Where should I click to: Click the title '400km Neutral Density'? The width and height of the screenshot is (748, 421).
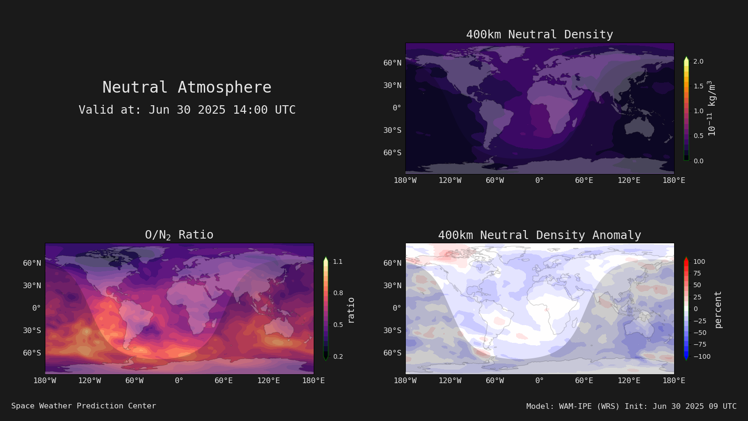(x=539, y=35)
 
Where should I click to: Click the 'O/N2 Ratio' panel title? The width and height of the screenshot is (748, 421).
(x=180, y=235)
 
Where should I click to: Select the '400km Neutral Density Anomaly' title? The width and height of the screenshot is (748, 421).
(x=539, y=235)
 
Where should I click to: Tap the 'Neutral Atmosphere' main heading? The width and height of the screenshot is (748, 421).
(x=187, y=87)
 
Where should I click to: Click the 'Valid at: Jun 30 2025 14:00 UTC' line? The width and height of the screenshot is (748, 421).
(x=187, y=109)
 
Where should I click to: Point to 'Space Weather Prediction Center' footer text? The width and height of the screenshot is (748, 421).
(x=84, y=406)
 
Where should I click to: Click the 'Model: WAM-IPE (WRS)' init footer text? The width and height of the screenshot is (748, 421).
(x=632, y=406)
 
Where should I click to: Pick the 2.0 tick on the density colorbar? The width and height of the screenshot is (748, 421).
(x=698, y=61)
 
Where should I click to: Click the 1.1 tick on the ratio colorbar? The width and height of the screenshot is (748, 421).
(x=338, y=261)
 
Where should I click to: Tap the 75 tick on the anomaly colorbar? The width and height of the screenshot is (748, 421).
(x=697, y=273)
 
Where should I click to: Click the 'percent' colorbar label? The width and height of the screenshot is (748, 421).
(x=718, y=310)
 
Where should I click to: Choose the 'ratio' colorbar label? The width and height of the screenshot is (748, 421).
(x=351, y=311)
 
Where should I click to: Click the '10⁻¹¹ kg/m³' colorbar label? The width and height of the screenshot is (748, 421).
(x=712, y=108)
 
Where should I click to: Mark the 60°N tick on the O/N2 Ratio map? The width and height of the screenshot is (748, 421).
(x=32, y=263)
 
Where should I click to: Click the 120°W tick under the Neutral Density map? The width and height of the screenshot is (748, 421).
(x=450, y=181)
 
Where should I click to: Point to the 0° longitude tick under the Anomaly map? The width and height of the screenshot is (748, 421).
(x=539, y=381)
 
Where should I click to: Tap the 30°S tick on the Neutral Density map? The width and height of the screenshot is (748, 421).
(x=392, y=131)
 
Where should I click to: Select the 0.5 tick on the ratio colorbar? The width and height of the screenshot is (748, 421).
(x=338, y=325)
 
